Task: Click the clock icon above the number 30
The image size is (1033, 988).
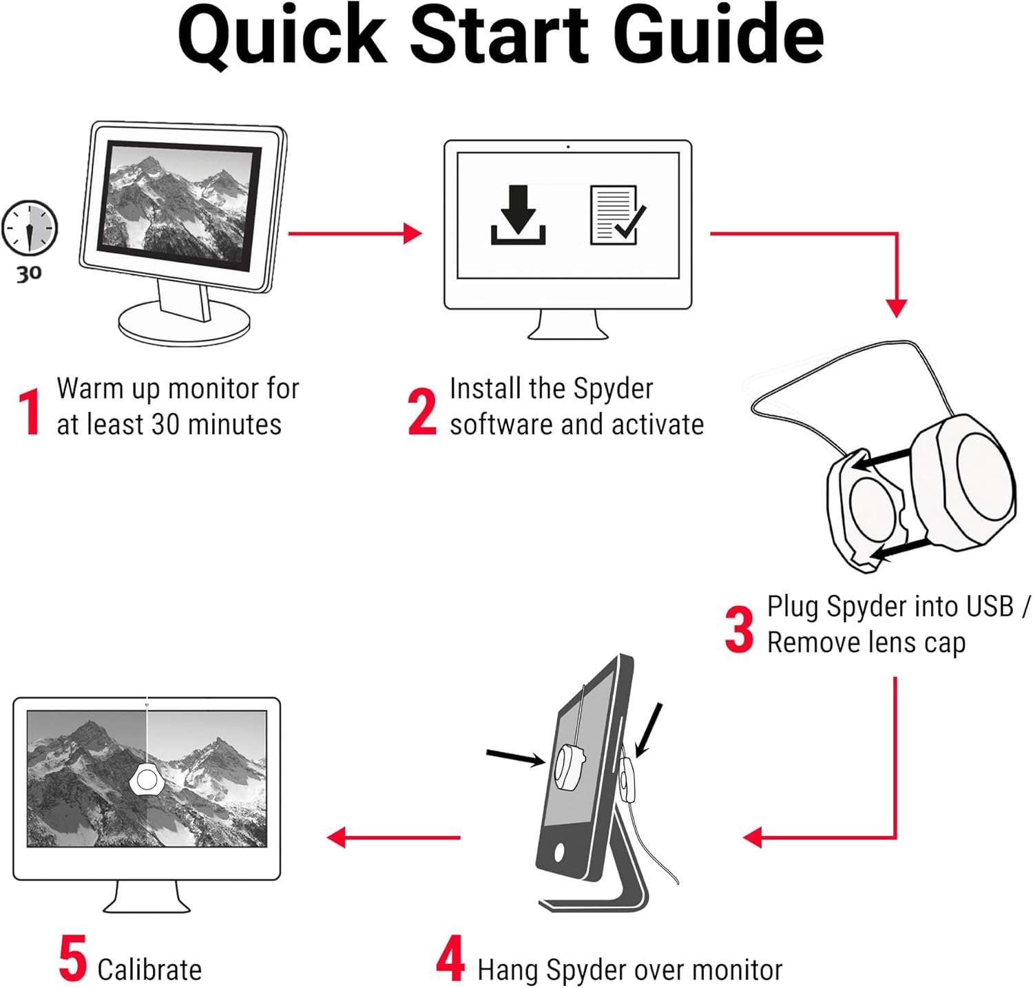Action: (x=30, y=227)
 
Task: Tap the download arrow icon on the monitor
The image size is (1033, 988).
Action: (x=518, y=216)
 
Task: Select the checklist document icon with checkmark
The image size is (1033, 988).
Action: (x=617, y=215)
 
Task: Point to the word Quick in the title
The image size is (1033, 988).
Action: (x=282, y=36)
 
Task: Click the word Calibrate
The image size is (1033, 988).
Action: (x=149, y=969)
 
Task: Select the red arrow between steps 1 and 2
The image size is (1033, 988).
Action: (x=355, y=233)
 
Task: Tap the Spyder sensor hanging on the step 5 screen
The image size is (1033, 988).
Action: (x=146, y=779)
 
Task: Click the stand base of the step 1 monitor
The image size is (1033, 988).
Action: (x=183, y=324)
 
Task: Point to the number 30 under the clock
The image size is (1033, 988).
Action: (x=29, y=274)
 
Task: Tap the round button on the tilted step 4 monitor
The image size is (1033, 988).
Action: (x=559, y=852)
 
